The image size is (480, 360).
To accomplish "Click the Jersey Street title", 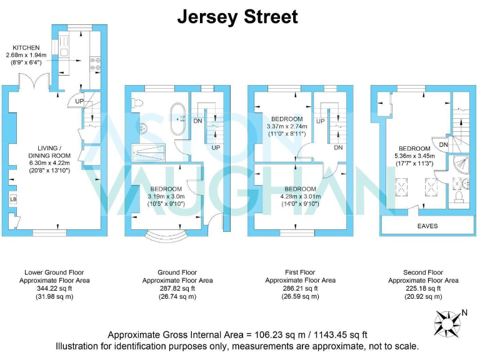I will click(237, 17).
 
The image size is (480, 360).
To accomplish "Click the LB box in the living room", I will click(12, 199).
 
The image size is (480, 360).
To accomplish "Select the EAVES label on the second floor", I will click(427, 226).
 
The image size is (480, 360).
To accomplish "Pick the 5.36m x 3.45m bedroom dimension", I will click(412, 156).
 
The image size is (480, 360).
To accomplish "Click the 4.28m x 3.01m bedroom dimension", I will click(300, 196).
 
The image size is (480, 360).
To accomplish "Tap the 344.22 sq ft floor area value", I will click(56, 289).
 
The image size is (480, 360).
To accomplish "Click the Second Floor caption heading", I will click(423, 272).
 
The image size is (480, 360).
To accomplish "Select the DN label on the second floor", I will click(442, 145).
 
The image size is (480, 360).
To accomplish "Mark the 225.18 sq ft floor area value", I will click(423, 289).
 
